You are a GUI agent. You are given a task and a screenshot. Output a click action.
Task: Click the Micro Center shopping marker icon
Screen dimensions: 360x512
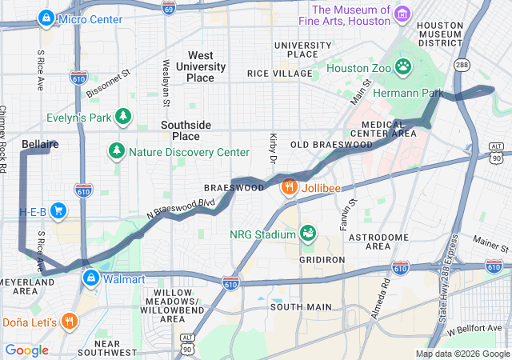[47, 17]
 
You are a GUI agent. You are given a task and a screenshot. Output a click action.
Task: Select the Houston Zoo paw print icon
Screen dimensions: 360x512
[403, 65]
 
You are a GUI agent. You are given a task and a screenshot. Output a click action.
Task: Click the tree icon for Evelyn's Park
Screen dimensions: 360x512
[123, 118]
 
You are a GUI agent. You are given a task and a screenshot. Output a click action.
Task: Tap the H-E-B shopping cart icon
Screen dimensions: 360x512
[58, 210]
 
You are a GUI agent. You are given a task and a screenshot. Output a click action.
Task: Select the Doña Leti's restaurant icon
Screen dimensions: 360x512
[70, 322]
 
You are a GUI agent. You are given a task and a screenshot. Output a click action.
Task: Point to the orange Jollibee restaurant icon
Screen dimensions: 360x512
[289, 186]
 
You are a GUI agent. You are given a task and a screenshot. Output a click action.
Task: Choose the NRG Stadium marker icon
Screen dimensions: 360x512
[307, 233]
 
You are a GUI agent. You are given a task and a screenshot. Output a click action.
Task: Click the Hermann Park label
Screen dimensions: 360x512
[411, 94]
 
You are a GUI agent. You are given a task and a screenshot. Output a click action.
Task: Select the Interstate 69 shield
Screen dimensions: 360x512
[167, 6]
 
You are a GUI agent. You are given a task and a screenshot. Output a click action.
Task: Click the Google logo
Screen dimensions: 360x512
[26, 350]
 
